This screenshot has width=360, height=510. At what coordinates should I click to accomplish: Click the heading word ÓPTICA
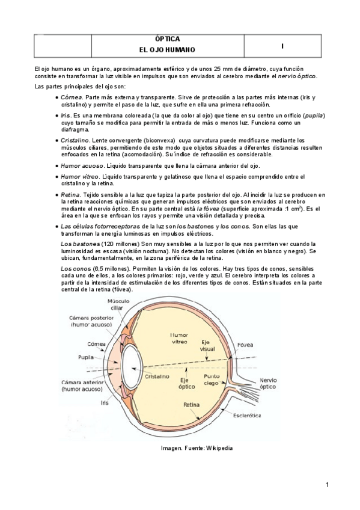click(164, 38)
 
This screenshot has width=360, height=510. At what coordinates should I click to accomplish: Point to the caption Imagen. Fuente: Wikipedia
click(197, 448)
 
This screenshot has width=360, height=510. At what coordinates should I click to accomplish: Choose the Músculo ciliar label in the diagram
click(119, 304)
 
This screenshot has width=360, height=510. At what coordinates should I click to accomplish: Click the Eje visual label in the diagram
click(208, 345)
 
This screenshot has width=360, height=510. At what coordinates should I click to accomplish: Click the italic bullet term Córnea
click(71, 96)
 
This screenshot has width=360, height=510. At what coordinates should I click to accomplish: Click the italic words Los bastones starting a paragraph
click(79, 244)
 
